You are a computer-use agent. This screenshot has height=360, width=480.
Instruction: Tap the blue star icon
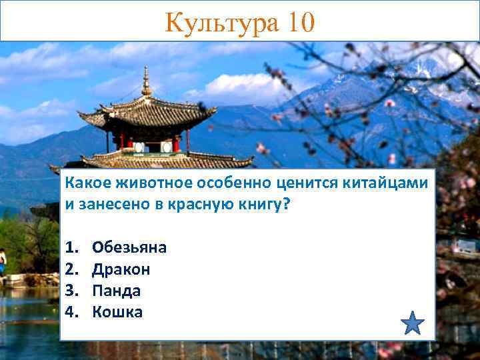point(413,323)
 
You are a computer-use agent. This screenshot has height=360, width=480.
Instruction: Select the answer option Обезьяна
point(129,248)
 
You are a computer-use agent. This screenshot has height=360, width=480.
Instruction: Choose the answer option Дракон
point(121,269)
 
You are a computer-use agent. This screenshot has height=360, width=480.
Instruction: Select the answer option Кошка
point(117,312)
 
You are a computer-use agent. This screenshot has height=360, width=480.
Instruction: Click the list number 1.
point(71,248)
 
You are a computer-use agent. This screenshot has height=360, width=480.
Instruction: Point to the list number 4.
point(71,312)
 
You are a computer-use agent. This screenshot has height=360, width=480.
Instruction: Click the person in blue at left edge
point(3,261)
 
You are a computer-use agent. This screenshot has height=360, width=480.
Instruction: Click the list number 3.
point(71,291)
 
